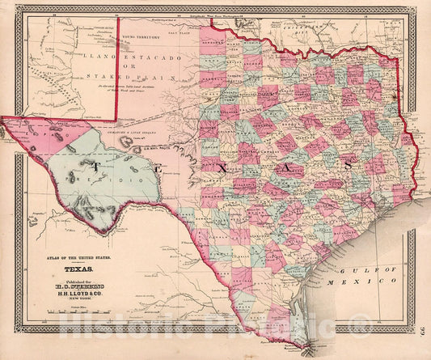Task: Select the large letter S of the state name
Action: click(x=348, y=164)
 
